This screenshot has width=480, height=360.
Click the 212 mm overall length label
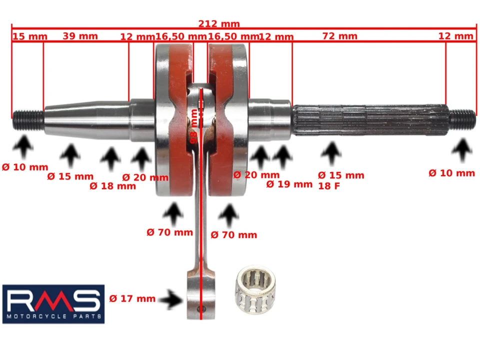[x=219, y=23]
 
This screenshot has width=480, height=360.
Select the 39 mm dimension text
[x=80, y=36]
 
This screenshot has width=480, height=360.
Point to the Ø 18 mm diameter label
[x=112, y=186]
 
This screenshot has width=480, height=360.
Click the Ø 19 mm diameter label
[x=289, y=184]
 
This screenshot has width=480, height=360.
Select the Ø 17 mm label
[x=132, y=299]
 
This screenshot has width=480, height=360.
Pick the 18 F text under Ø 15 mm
[x=328, y=185]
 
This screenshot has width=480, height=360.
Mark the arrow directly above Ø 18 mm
[x=110, y=160]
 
